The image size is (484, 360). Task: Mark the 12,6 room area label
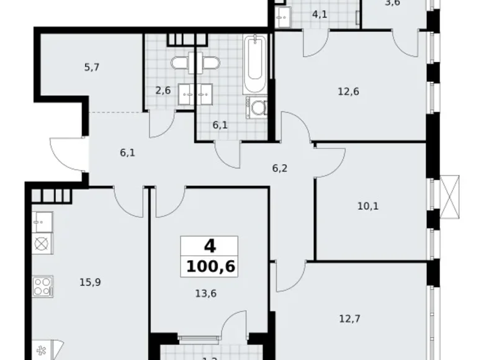tap(349, 92)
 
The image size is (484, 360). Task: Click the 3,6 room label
tap(393, 3)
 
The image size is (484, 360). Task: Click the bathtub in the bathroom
tap(256, 66)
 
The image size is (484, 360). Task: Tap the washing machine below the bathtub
tap(257, 109)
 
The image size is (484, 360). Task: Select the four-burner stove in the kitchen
tap(42, 287)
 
